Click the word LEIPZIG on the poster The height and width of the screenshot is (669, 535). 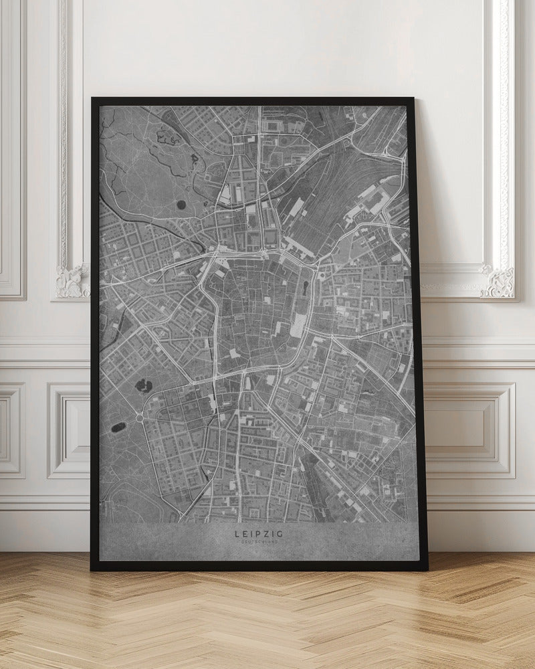pyautogui.click(x=259, y=533)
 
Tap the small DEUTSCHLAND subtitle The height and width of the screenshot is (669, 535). pyautogui.click(x=259, y=542)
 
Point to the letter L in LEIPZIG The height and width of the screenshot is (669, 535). pyautogui.click(x=237, y=533)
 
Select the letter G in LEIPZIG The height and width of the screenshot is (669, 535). pyautogui.click(x=280, y=533)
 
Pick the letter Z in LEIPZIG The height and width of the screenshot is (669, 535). pyautogui.click(x=267, y=533)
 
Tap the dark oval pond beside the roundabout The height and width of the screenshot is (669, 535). pyautogui.click(x=117, y=427)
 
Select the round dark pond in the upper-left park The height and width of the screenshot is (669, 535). pyautogui.click(x=181, y=205)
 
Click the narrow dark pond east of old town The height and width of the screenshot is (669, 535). pyautogui.click(x=305, y=288)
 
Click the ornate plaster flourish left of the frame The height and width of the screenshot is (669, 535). pyautogui.click(x=72, y=281)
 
